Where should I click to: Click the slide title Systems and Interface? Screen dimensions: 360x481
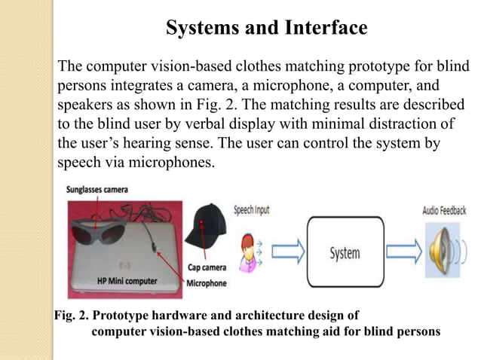coord(266,29)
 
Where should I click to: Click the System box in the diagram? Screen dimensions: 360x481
coord(344,253)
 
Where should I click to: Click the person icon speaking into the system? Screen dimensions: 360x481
coord(247,252)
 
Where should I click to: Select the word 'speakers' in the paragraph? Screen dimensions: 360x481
coord(84,104)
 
